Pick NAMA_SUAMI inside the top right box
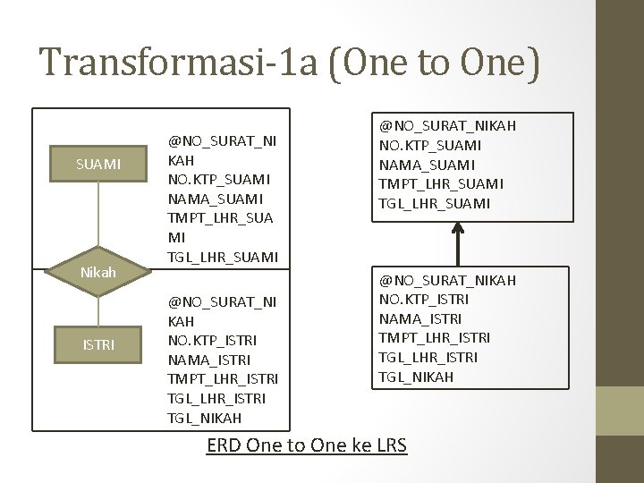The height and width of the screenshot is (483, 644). point(428,165)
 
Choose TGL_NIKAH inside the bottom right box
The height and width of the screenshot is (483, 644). point(417,377)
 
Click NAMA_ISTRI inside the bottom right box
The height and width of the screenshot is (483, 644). point(419,318)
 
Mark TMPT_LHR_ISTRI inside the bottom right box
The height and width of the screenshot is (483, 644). point(434,338)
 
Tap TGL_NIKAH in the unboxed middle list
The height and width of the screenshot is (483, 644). point(206,418)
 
